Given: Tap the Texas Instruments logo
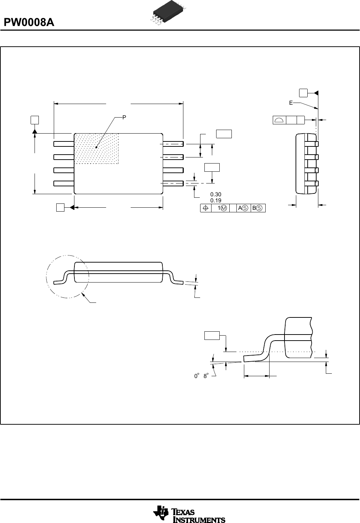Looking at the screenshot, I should coord(189,514).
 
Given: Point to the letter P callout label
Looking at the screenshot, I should coord(124,117).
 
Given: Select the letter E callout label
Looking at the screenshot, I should coord(291,103).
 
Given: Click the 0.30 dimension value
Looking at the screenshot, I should coord(216,194).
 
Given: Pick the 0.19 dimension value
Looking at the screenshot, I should coord(216,200).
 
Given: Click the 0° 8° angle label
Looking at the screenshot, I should coord(201,376).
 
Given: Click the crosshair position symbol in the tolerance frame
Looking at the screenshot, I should coord(205,208).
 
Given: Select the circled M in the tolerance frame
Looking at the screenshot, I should coord(224,208).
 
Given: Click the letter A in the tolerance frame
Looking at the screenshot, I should coord(240,208).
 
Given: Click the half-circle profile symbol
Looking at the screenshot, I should coord(280,120).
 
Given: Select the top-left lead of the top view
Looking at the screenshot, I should coord(64,144).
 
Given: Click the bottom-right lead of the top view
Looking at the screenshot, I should coord(173,183).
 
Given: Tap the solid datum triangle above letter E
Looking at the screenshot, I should coord(316,93).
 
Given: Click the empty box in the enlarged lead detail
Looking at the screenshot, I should coord(212,335).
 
